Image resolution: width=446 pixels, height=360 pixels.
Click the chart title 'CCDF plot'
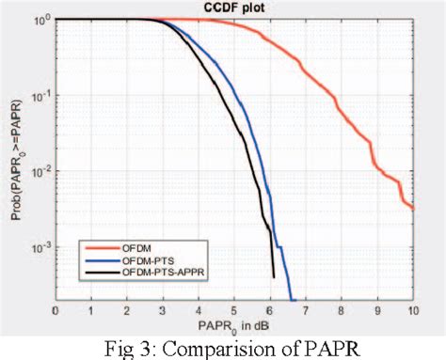(234, 8)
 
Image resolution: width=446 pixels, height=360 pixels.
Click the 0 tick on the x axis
(56, 309)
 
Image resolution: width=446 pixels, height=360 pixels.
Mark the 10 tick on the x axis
(412, 309)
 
